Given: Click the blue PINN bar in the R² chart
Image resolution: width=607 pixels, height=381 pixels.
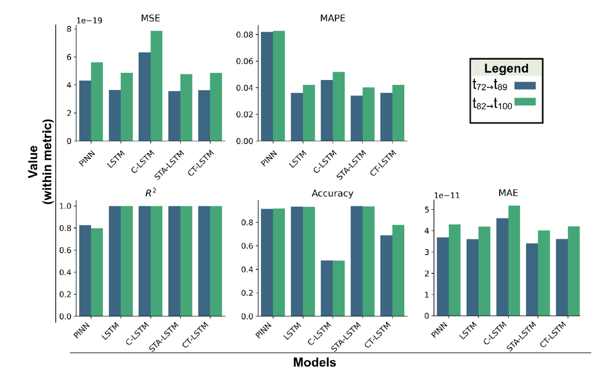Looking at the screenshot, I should coord(85,271).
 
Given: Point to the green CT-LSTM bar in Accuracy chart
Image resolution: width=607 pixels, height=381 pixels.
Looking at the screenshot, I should coord(398,271).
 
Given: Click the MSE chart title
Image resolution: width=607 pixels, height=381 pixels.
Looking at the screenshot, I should coord(151,18).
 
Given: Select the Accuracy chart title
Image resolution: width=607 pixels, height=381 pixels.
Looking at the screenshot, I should coord(333,193).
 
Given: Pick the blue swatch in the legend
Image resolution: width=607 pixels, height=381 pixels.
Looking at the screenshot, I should coord(524,85).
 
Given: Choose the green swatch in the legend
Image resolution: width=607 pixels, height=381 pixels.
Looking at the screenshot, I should coord(524,102).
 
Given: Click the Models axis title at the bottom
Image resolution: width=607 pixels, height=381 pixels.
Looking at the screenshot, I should coord(314,363).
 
